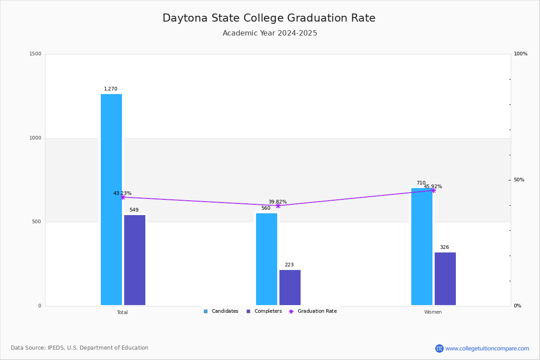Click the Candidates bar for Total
pos(111,200)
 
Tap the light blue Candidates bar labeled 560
pos(266,259)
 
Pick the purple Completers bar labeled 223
pos(290,288)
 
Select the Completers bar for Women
pos(445,279)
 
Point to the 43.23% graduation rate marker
pos(123,197)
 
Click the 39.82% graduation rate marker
pos(278,206)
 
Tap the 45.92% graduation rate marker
pos(433,190)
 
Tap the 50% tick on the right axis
pos(519,180)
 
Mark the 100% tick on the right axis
pos(521,54)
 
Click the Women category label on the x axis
pos(433,312)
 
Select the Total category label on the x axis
pos(122,312)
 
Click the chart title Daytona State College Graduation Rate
pos(269,18)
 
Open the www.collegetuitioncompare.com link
pos(487,348)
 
